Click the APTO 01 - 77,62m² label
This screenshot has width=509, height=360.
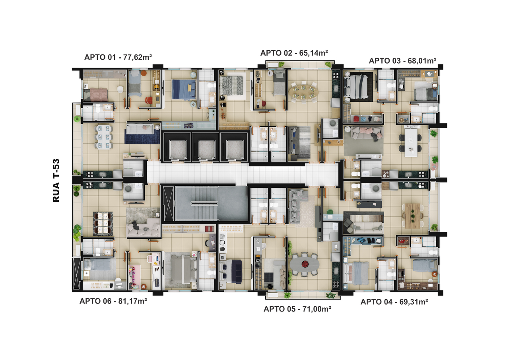[118, 57]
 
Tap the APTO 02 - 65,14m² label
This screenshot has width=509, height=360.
[294, 53]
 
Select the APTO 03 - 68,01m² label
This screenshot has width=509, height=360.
[402, 61]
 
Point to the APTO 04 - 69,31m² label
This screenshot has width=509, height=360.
[394, 302]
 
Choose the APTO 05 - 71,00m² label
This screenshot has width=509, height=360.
[297, 309]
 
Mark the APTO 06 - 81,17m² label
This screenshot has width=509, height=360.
[113, 301]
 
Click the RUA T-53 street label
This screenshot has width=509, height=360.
[56, 180]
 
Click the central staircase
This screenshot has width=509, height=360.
[204, 203]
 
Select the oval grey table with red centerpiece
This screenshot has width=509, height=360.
[305, 264]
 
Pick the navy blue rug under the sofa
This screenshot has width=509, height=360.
[142, 136]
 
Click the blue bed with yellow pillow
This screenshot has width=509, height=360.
[184, 90]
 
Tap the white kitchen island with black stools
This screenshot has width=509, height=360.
[411, 143]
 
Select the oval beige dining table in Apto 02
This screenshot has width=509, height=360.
[303, 92]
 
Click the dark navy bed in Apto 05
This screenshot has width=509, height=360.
[231, 272]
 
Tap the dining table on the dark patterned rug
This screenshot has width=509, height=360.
[103, 224]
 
